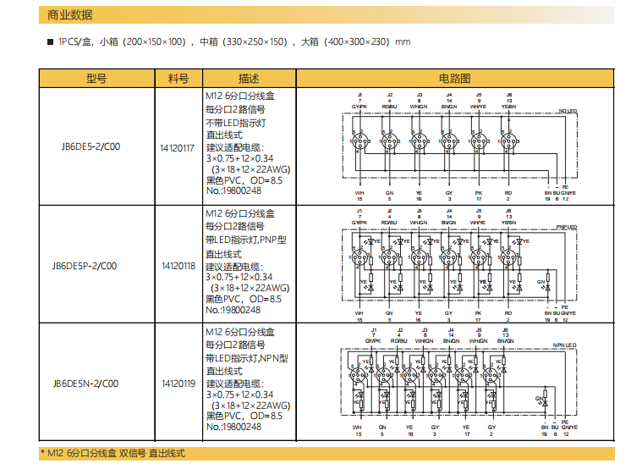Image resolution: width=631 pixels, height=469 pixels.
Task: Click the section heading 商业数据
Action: click(x=70, y=15)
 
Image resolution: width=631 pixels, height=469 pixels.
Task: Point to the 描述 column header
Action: click(x=249, y=78)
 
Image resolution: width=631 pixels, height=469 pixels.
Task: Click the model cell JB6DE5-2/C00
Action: click(x=91, y=146)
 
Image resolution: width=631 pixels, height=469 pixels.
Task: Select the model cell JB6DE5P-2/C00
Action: click(x=91, y=265)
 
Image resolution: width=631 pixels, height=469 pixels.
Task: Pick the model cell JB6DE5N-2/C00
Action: click(x=91, y=383)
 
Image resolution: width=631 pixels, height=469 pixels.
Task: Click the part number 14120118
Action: click(x=178, y=266)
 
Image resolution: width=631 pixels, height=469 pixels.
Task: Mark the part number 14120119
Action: click(x=178, y=383)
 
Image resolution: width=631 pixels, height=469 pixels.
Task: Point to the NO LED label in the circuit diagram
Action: click(x=568, y=111)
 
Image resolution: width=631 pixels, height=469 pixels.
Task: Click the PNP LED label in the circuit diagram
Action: click(x=567, y=228)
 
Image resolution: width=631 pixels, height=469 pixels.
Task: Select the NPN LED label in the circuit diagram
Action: click(x=564, y=345)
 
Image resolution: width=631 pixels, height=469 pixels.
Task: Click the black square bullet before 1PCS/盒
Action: click(x=52, y=41)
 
